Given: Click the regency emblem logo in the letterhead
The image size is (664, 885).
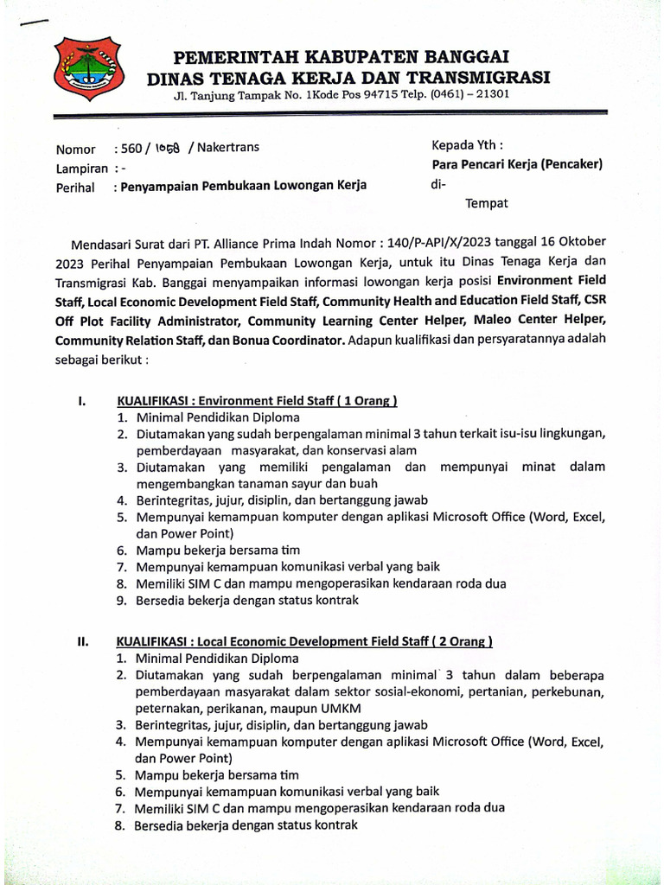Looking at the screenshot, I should (89, 68).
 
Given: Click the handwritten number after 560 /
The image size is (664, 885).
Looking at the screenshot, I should (168, 148).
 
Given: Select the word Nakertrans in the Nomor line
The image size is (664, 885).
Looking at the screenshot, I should (228, 147).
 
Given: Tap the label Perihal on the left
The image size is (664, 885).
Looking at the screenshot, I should (74, 186).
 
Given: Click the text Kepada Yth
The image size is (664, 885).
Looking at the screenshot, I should (467, 145).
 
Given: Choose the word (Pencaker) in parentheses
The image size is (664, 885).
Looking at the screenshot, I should (571, 164).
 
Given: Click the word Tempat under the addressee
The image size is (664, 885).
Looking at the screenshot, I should (487, 204).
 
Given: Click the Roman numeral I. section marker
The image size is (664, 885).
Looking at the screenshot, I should (81, 401).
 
